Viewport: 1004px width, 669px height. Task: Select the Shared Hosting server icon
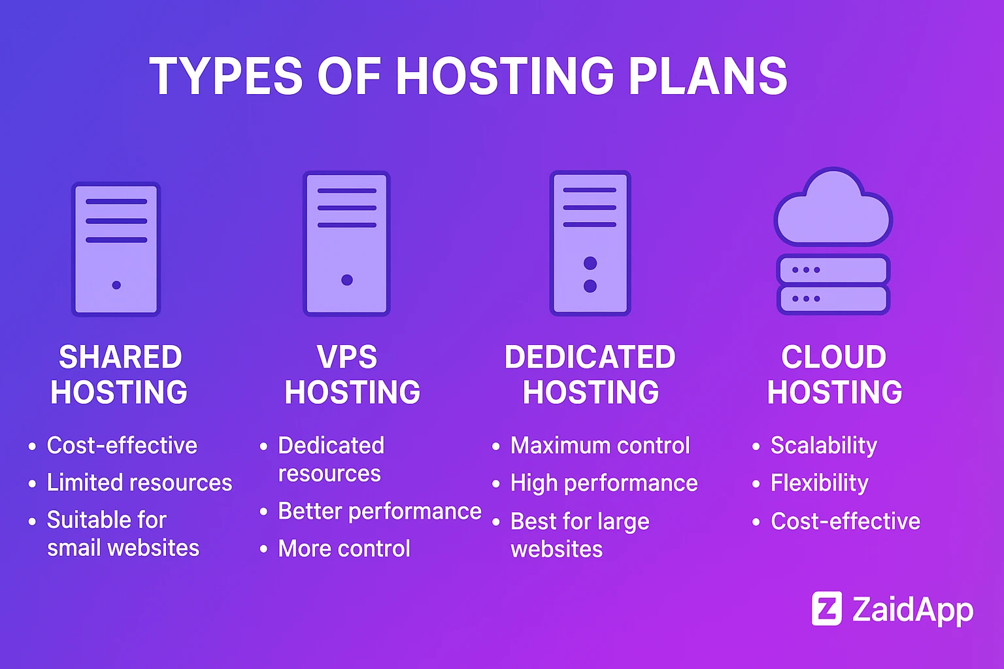(x=116, y=249)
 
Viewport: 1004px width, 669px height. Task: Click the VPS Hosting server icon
(x=346, y=243)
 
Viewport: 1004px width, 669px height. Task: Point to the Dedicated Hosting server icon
(x=590, y=243)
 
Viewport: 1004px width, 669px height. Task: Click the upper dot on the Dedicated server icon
(x=590, y=263)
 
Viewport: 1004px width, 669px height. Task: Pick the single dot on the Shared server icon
(x=116, y=285)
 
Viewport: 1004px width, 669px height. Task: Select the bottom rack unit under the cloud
(x=833, y=299)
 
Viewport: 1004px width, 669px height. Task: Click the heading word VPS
(x=347, y=357)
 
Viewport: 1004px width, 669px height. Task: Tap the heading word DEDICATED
(x=590, y=357)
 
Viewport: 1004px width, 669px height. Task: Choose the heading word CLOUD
(x=834, y=357)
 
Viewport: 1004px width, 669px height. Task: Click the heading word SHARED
(x=120, y=357)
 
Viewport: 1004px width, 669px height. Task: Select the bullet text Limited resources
(x=139, y=483)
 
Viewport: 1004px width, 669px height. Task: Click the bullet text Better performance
(x=380, y=512)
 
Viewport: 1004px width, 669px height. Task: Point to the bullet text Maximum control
(x=600, y=446)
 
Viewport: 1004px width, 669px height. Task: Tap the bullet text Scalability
(x=824, y=446)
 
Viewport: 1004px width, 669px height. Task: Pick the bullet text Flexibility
(x=820, y=483)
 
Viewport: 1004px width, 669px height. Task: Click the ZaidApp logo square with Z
(x=827, y=609)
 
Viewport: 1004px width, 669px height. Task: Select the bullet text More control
(x=344, y=549)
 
